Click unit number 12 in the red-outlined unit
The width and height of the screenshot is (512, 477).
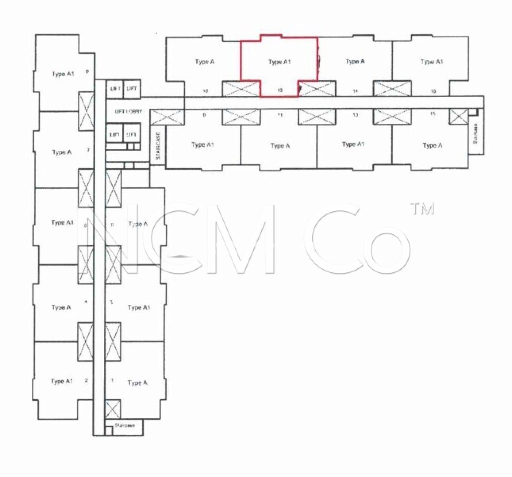click(x=280, y=90)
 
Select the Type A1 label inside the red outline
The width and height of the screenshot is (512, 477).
click(x=279, y=62)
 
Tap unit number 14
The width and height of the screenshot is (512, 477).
click(x=355, y=91)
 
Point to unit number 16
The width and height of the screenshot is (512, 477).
click(x=433, y=91)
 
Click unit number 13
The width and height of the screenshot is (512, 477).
click(x=355, y=114)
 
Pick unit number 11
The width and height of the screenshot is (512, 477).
click(x=280, y=114)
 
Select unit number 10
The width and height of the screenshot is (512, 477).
click(x=205, y=91)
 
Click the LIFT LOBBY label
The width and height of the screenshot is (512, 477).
click(x=128, y=111)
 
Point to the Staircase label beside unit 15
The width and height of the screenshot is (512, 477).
click(x=475, y=133)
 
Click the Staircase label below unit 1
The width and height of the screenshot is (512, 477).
click(x=125, y=425)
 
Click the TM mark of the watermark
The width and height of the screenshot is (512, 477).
click(x=424, y=209)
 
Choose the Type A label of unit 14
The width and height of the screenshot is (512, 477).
click(x=355, y=61)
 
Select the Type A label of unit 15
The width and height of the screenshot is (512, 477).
click(x=432, y=145)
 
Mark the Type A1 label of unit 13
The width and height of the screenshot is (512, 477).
click(x=353, y=144)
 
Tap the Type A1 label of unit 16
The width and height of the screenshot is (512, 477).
click(x=432, y=62)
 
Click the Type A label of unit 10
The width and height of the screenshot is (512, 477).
click(x=205, y=62)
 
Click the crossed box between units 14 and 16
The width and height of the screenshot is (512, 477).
click(x=392, y=89)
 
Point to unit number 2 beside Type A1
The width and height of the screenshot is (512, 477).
click(x=86, y=380)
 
